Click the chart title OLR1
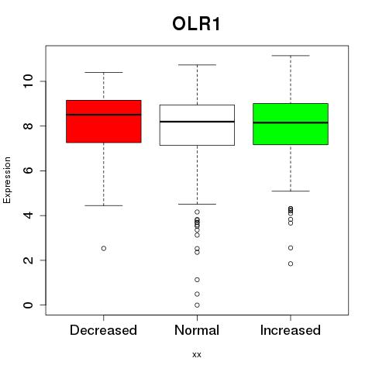(196, 24)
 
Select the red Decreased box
(104, 121)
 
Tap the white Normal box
(197, 125)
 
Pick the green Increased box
(291, 124)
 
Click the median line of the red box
(104, 115)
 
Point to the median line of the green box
(291, 122)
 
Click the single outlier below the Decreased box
(104, 248)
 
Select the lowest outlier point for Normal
(197, 305)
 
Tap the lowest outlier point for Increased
(291, 263)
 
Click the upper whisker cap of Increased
(291, 56)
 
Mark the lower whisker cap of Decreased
(104, 205)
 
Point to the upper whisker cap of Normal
(197, 65)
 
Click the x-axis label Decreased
(103, 330)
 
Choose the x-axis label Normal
(197, 330)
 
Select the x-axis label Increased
(291, 330)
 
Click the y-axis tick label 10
(28, 81)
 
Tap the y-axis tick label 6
(28, 170)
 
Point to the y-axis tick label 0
(28, 305)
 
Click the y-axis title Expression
(7, 180)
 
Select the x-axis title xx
(197, 355)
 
